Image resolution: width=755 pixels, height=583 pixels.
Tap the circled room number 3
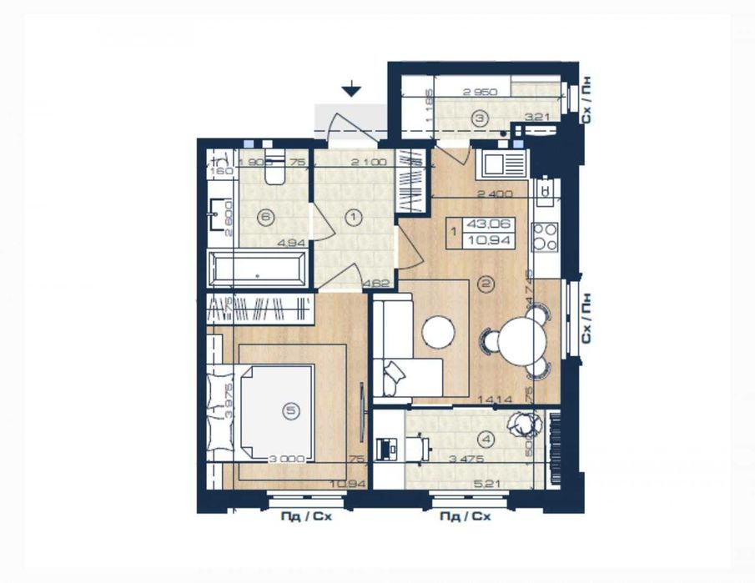tap(479, 118)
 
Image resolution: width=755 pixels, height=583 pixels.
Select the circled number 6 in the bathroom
tap(265, 219)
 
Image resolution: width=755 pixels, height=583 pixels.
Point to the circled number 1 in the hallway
tap(354, 219)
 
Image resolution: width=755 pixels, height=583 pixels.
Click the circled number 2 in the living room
tap(486, 284)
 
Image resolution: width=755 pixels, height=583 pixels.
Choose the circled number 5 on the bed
tap(290, 410)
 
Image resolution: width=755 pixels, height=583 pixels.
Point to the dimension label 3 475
tap(466, 459)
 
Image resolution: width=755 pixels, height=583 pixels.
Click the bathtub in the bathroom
tap(257, 270)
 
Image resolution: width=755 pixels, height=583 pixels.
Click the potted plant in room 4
tap(525, 425)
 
